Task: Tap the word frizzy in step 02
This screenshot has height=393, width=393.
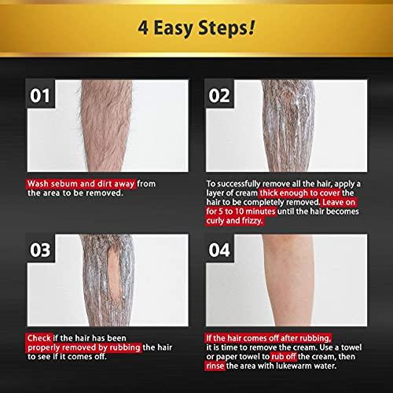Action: point(265,222)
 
